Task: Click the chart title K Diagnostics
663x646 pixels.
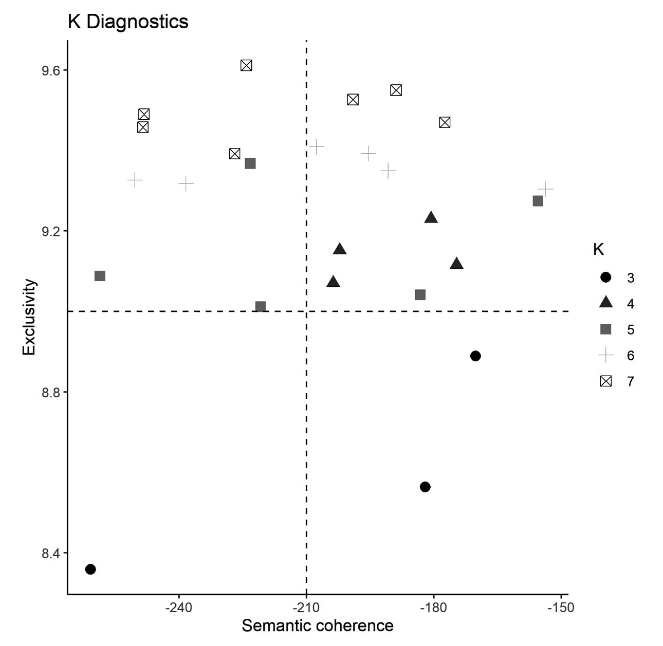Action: coord(128,22)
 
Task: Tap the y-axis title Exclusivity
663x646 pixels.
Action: coord(29,317)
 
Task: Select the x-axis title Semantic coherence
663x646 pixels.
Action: coord(318,626)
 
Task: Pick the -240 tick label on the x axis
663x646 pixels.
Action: coord(178,607)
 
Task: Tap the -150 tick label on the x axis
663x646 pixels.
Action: coord(561,607)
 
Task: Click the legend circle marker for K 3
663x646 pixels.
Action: coord(606,278)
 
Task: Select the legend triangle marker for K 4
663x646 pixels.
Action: coord(606,303)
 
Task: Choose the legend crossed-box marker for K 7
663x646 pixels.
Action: coord(606,381)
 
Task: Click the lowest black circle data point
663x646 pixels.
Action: coord(90,569)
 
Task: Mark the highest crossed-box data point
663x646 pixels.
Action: coord(246,65)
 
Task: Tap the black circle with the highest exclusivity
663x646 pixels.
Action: coord(475,356)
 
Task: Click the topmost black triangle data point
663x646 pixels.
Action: coord(431,217)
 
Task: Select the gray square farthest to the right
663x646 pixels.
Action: coord(538,201)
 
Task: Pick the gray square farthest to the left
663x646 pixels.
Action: coord(100,276)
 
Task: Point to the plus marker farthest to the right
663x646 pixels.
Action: coord(545,189)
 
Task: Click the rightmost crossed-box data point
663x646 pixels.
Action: coord(445,122)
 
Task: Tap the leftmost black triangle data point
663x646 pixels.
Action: coord(333,282)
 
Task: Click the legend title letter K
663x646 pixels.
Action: coord(598,250)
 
